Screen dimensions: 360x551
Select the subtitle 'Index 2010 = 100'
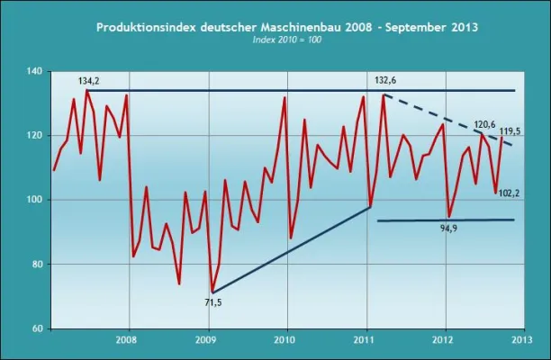[287, 41]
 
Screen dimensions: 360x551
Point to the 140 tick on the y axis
[33, 70]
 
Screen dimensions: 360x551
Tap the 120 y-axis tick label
[33, 135]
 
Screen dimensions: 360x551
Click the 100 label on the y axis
[33, 200]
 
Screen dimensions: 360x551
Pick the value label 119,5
[522, 132]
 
